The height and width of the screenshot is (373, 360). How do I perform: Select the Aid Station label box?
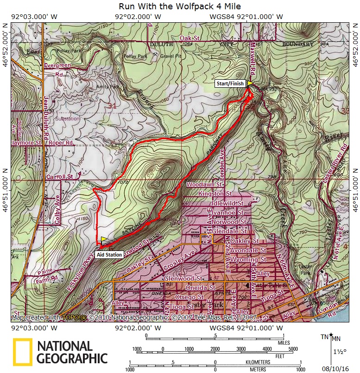(x=109, y=254)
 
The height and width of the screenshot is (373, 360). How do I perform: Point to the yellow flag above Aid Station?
(x=104, y=239)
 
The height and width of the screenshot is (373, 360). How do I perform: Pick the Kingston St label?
(x=215, y=193)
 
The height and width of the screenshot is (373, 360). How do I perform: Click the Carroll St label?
(x=60, y=177)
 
